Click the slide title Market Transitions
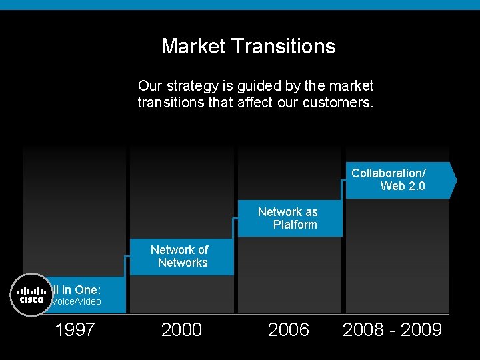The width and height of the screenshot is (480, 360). pyautogui.click(x=248, y=46)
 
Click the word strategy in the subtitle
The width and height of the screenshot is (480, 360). pyautogui.click(x=188, y=86)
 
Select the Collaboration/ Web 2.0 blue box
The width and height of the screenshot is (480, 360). pyautogui.click(x=399, y=180)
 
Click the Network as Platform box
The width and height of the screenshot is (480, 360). pyautogui.click(x=288, y=218)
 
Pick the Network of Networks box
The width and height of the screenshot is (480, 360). pyautogui.click(x=180, y=256)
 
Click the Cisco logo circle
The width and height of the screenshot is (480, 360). pyautogui.click(x=31, y=295)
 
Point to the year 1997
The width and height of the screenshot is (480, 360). pyautogui.click(x=75, y=329)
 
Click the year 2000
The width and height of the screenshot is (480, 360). pyautogui.click(x=181, y=329)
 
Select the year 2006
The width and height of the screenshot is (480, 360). pyautogui.click(x=288, y=329)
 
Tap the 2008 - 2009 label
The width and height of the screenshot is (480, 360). pyautogui.click(x=392, y=329)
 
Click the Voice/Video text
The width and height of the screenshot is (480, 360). pyautogui.click(x=77, y=301)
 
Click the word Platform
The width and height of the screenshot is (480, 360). pyautogui.click(x=295, y=225)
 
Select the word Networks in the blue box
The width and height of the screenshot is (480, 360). pyautogui.click(x=183, y=263)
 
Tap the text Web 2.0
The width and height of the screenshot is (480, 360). pyautogui.click(x=403, y=186)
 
